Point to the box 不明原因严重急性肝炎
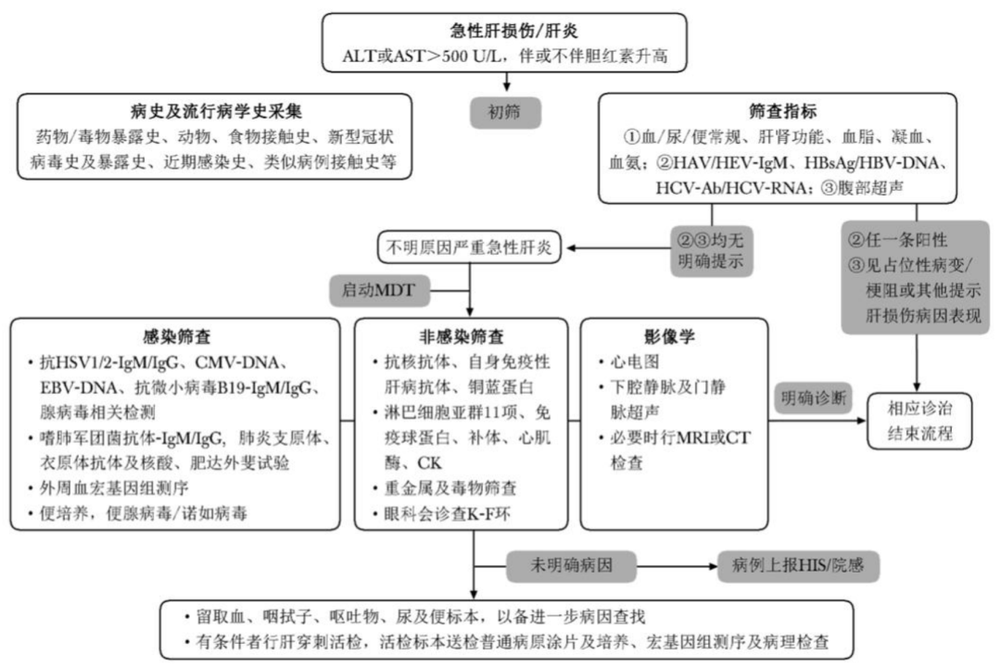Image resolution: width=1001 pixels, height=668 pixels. [x=470, y=247]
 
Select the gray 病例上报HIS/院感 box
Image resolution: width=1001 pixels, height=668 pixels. [x=798, y=563]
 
